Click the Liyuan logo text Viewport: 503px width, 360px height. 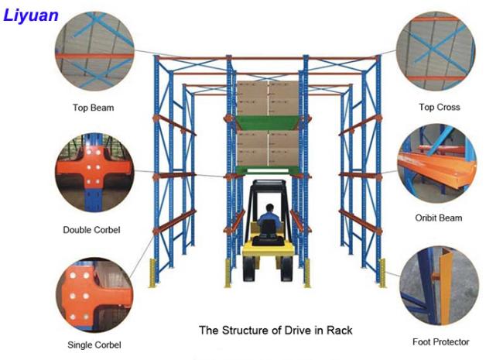[31, 15]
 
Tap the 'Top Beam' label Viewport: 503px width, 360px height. [94, 108]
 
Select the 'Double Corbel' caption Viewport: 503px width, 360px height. [92, 230]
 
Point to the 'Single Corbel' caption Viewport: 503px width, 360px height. [94, 345]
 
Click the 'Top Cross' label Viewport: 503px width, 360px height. [440, 107]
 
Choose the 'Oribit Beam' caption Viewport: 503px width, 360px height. [439, 218]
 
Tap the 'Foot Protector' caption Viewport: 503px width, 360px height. [441, 342]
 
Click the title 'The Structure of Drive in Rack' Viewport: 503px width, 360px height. [275, 330]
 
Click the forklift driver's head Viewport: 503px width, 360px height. [270, 208]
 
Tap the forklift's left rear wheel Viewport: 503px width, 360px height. [249, 269]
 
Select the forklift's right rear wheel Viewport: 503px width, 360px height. [286, 269]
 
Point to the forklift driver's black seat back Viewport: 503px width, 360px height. [269, 227]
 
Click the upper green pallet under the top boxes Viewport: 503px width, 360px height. [269, 122]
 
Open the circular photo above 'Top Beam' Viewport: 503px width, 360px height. [94, 51]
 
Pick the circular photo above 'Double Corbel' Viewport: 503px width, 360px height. [94, 173]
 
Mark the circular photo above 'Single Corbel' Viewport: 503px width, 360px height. [94, 295]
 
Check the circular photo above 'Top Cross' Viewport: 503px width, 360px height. [436, 51]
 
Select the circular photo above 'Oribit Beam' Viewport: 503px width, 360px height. [437, 163]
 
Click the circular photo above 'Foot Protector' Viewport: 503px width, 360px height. [440, 286]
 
